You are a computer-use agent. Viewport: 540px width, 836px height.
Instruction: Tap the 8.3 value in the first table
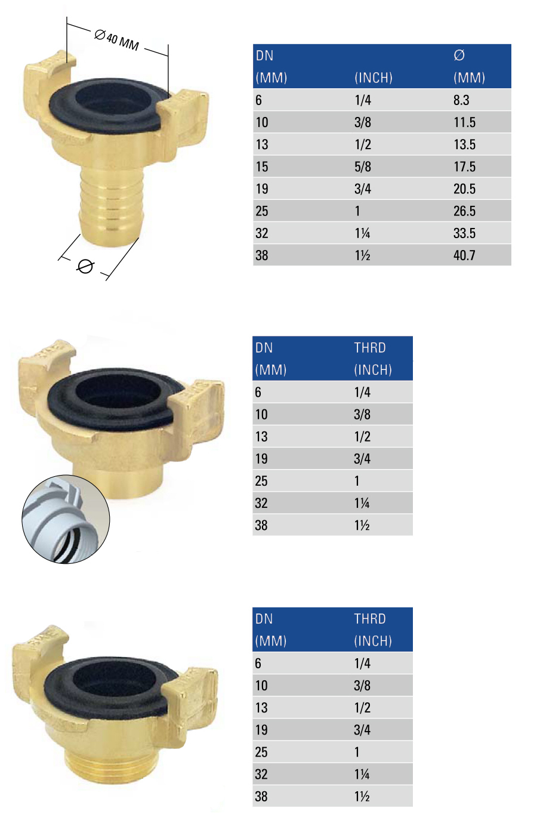461,100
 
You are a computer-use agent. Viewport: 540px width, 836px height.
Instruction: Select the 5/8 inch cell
363,166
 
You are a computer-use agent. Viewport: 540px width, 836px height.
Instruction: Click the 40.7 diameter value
464,255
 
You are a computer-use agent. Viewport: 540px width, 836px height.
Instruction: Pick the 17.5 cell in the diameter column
464,166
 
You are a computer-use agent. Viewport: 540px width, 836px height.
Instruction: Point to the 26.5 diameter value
464,211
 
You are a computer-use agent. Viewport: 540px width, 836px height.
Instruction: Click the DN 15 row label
262,166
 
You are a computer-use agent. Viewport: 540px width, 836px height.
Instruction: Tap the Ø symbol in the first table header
459,55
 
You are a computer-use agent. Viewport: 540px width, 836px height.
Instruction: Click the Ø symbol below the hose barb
85,267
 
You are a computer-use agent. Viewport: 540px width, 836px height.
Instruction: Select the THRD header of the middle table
370,347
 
